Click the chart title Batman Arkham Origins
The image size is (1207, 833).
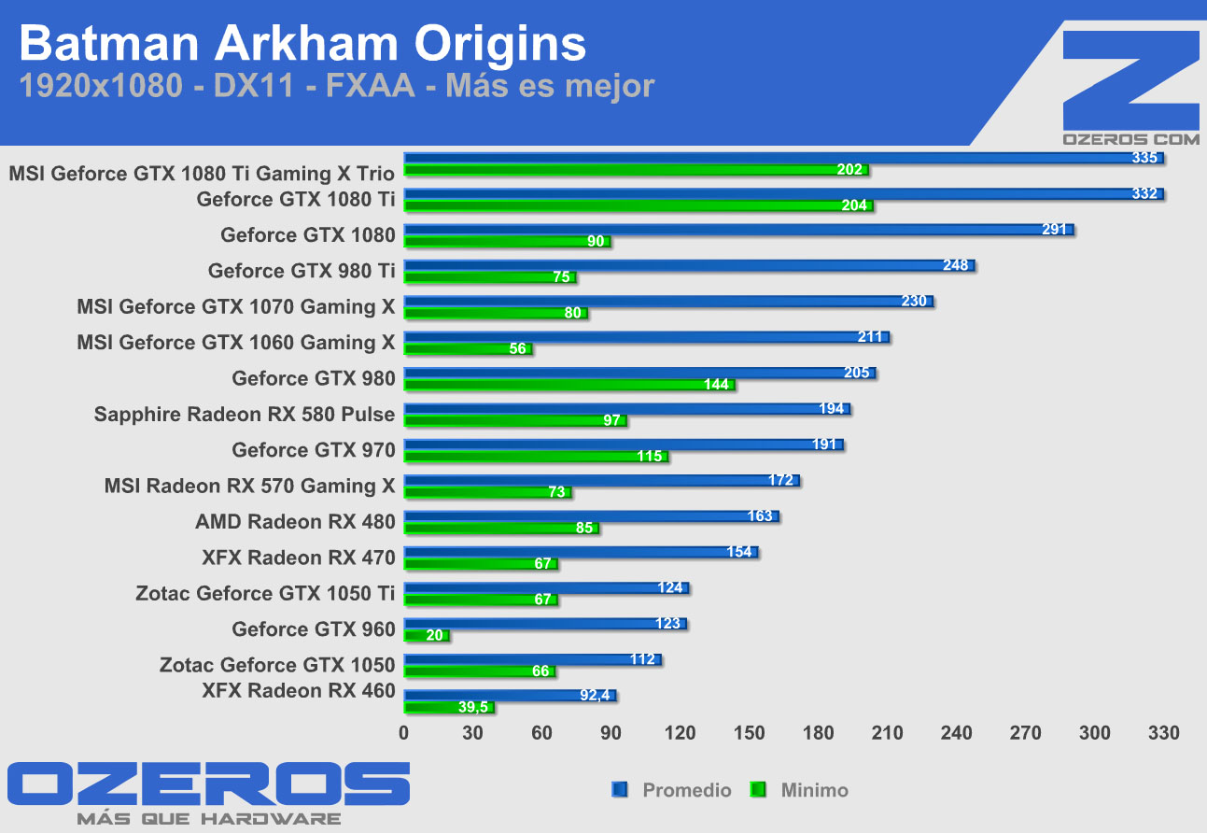pyautogui.click(x=302, y=44)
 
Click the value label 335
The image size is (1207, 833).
pyautogui.click(x=1144, y=158)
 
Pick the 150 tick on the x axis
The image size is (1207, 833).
pyautogui.click(x=750, y=733)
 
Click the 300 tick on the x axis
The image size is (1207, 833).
pyautogui.click(x=1095, y=733)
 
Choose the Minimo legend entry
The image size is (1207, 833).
pyautogui.click(x=814, y=790)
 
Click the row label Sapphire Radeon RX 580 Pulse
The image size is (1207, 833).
pyautogui.click(x=245, y=414)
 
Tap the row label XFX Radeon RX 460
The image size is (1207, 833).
pyautogui.click(x=299, y=691)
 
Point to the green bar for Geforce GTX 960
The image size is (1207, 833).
pyautogui.click(x=426, y=636)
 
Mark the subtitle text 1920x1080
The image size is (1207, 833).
pyautogui.click(x=100, y=86)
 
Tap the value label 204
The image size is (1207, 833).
pyautogui.click(x=854, y=205)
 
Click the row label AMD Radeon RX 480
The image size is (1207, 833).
pyautogui.click(x=295, y=521)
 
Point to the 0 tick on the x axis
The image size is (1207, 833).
pyautogui.click(x=404, y=733)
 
